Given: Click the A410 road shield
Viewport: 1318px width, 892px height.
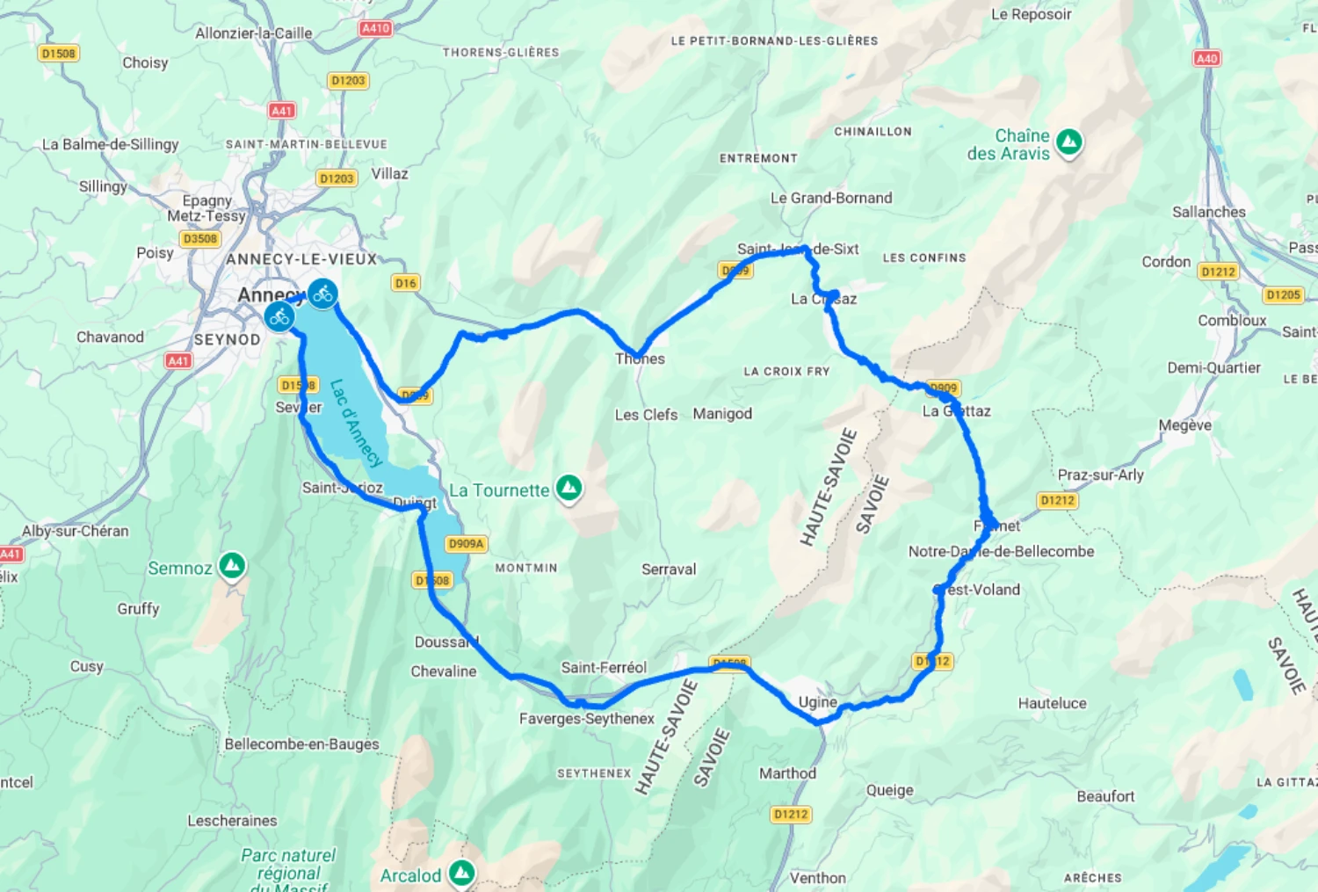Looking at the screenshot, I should [x=375, y=28].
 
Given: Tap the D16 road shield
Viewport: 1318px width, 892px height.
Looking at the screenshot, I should [x=405, y=283].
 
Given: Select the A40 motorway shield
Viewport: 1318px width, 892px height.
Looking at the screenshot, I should [x=1206, y=59].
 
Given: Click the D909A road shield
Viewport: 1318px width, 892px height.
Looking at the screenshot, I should [x=466, y=544].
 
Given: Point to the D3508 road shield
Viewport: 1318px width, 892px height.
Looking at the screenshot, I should [x=200, y=239].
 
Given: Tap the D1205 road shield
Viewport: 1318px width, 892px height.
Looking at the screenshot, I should [x=1283, y=295].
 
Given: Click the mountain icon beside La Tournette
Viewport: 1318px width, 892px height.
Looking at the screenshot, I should [x=569, y=488].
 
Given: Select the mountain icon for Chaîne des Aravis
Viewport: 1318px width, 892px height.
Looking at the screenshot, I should [x=1069, y=141].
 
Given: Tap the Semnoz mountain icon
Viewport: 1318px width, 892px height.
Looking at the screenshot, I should [x=232, y=566].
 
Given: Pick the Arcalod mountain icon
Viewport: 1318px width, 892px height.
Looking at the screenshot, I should [x=461, y=873].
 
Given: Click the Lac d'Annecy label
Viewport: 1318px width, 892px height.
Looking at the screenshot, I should [x=356, y=423].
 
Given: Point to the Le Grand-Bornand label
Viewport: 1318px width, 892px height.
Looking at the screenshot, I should [x=831, y=199].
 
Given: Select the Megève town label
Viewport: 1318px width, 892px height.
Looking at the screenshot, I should [x=1184, y=425].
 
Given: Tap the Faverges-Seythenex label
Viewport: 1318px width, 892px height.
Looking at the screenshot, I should [x=586, y=719].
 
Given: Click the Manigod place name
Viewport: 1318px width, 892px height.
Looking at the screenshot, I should [x=722, y=414].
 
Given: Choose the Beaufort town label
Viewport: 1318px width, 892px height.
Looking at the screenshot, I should [x=1105, y=796].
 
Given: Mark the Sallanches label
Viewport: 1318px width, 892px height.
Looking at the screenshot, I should [x=1208, y=212].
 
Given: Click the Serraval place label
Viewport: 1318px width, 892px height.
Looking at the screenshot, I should [x=669, y=569].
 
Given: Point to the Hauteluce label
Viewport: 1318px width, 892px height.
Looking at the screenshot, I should [x=1052, y=703].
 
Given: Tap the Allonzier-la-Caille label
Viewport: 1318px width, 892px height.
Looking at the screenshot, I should [x=253, y=33].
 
